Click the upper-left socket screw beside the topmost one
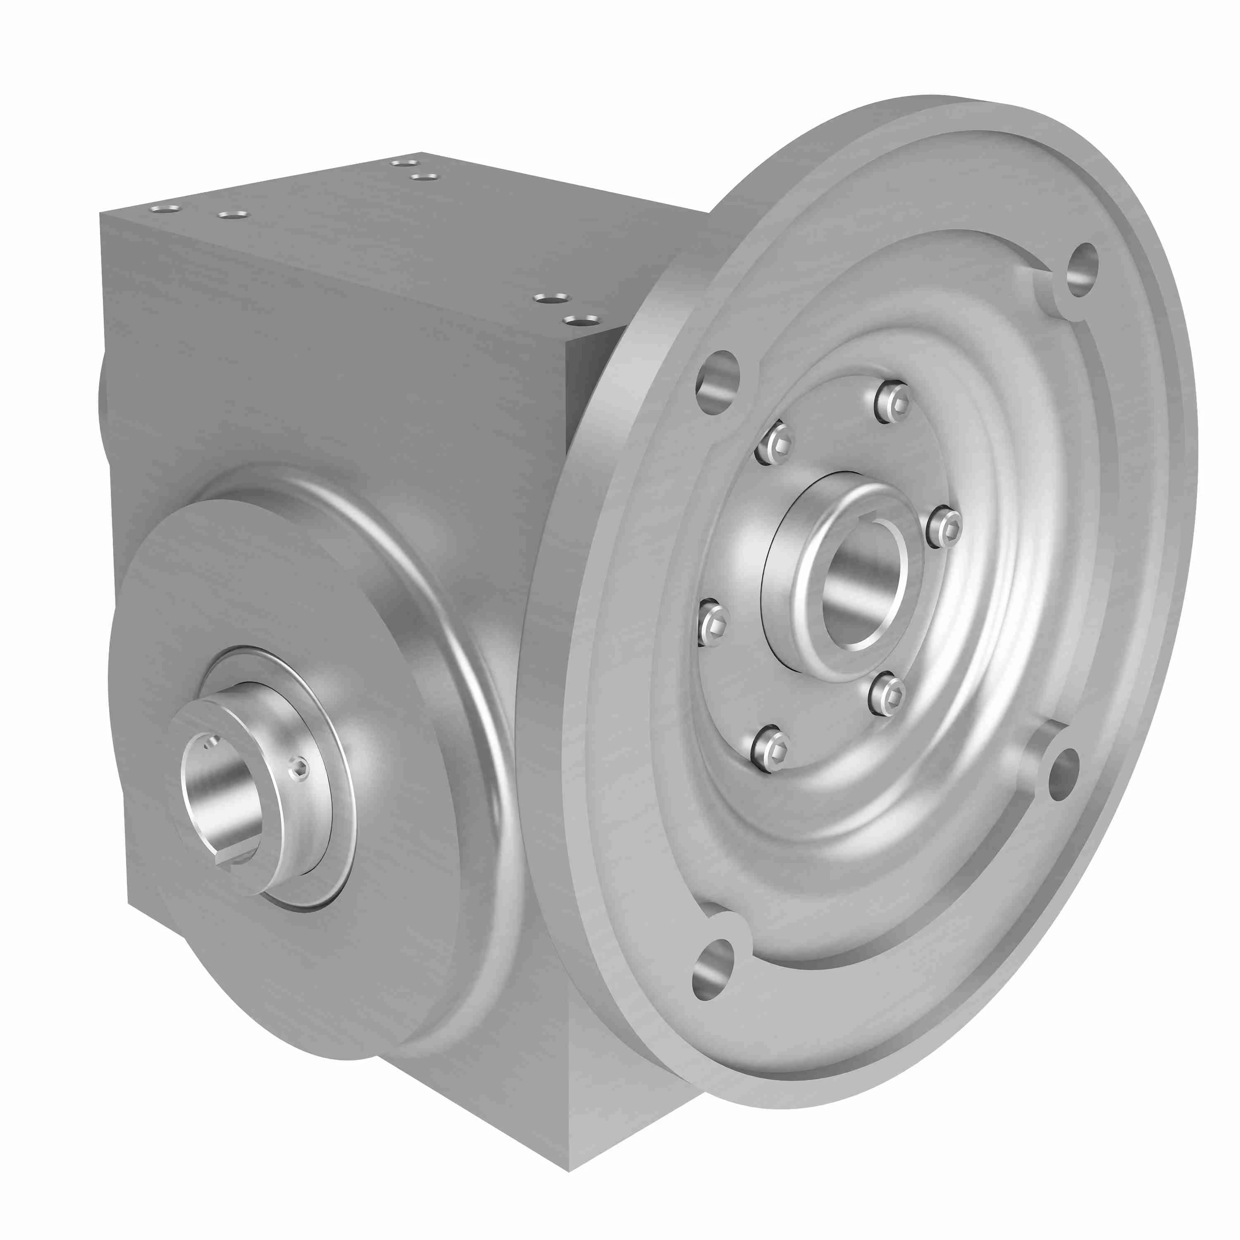coord(773,443)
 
